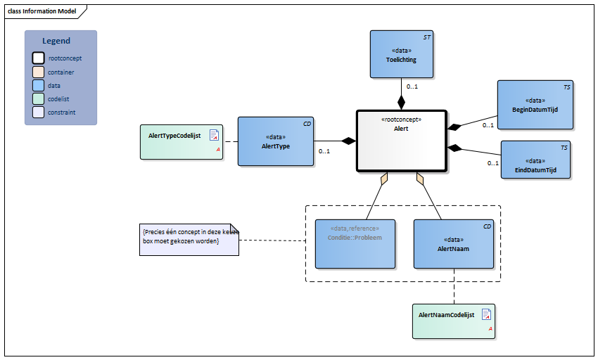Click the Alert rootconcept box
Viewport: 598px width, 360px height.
click(x=402, y=141)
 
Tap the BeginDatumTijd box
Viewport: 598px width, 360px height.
click(x=535, y=105)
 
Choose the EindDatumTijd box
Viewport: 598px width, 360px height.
click(x=535, y=160)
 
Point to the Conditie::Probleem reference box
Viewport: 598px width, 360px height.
click(x=355, y=243)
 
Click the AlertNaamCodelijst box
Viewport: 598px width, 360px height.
click(x=453, y=321)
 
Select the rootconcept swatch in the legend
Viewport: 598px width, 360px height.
click(x=39, y=58)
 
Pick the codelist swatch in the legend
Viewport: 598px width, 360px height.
click(x=39, y=98)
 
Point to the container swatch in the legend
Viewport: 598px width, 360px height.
click(x=39, y=72)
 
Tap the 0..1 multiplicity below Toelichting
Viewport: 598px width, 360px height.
click(x=412, y=87)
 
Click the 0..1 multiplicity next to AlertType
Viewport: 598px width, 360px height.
click(x=324, y=151)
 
